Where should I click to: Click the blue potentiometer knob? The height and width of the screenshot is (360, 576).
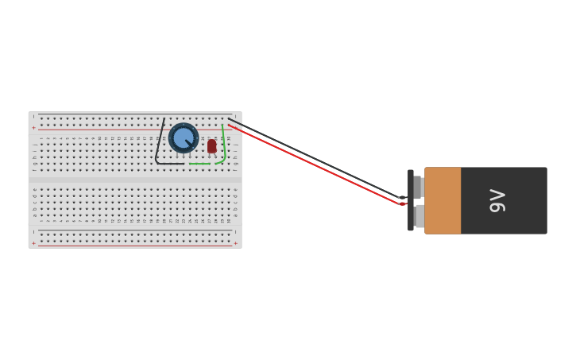[x=184, y=138]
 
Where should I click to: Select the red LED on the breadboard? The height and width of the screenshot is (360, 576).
[x=212, y=145]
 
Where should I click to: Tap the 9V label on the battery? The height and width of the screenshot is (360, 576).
[x=497, y=200]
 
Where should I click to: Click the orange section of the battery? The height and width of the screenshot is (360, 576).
[x=443, y=200]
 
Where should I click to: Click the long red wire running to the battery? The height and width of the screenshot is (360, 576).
[x=318, y=165]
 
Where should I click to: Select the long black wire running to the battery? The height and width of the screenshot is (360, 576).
[x=318, y=158]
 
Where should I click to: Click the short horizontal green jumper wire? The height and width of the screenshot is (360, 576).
[x=199, y=164]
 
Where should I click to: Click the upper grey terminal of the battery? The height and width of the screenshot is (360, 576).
[x=417, y=187]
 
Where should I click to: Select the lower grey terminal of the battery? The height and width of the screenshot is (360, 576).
[x=419, y=216]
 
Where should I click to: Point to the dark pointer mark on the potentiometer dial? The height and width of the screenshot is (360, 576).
[x=189, y=143]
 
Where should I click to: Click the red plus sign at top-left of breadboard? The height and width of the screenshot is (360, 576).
[x=33, y=128]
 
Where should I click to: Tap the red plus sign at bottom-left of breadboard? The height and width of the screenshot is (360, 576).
[x=33, y=243]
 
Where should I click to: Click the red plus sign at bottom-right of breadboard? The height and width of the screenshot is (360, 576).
[x=235, y=243]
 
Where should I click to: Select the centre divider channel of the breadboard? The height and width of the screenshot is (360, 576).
[x=135, y=180]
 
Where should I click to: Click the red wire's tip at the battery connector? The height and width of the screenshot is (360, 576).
[x=402, y=204]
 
